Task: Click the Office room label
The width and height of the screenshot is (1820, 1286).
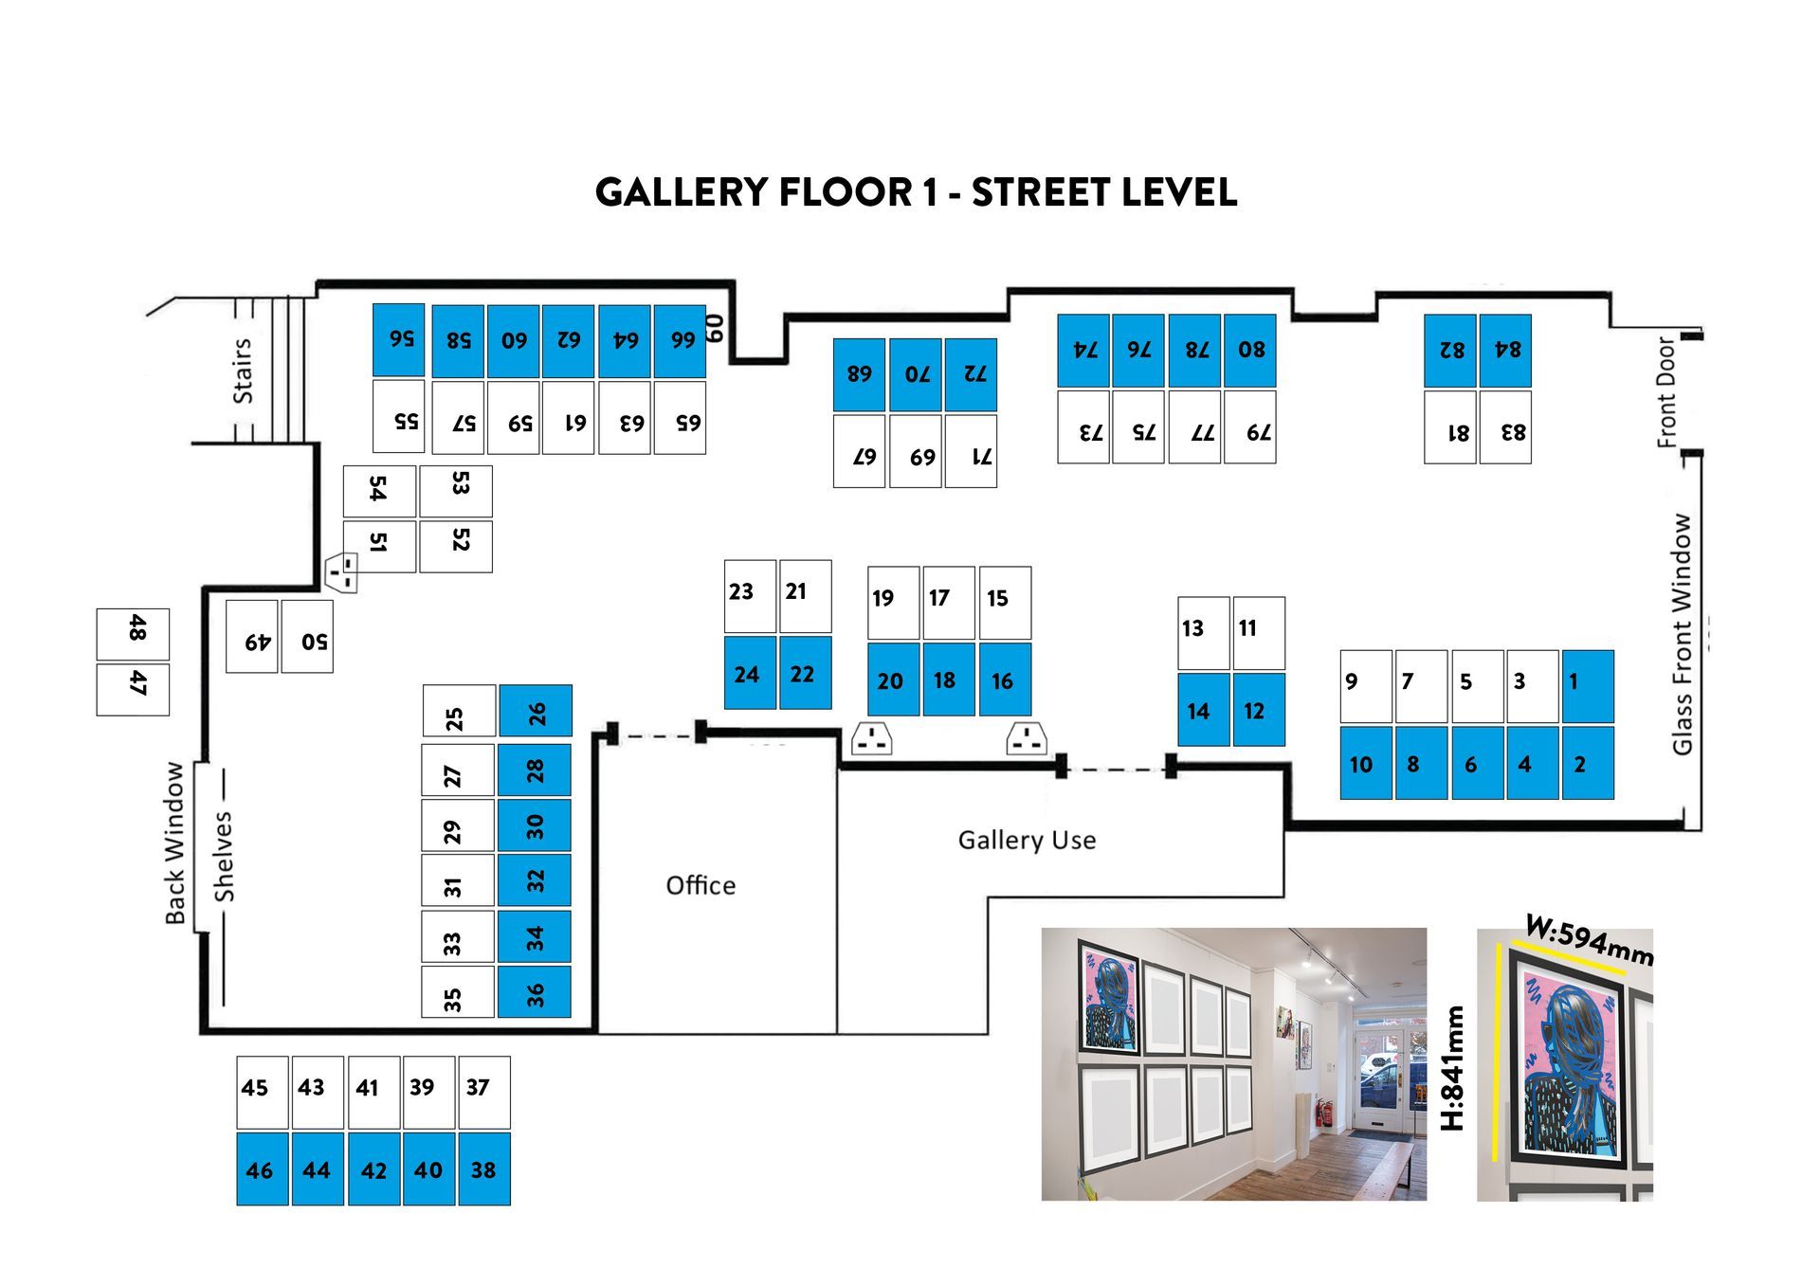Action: coord(701,885)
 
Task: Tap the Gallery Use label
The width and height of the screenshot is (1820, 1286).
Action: coord(1027,840)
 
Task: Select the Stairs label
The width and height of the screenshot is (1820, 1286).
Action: coord(243,371)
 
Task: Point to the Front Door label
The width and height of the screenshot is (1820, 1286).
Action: coord(1666,391)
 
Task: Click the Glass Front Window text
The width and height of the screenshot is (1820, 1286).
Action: coord(1682,634)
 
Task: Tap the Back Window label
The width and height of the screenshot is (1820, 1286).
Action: coord(175,842)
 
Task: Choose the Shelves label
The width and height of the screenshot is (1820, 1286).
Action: coord(223,856)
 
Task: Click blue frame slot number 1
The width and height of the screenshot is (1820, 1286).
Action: coord(1588,686)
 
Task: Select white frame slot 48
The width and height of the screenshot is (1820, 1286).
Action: coord(133,634)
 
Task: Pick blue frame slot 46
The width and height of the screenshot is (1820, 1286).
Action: coord(262,1168)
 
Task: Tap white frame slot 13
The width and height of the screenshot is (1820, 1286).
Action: coord(1203,632)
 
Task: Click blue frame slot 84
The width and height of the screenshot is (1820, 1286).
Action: coord(1505,351)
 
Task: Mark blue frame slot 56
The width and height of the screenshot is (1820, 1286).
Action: coord(398,340)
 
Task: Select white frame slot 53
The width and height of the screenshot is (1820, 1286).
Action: coord(456,490)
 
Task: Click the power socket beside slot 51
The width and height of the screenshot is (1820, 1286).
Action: coord(342,572)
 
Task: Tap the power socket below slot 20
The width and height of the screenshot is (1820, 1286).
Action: coord(871,739)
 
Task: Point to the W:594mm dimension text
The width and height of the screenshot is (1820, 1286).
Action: coord(1589,941)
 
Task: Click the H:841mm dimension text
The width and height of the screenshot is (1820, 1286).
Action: coord(1452,1068)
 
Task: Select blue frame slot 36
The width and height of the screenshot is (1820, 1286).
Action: coord(535,991)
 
